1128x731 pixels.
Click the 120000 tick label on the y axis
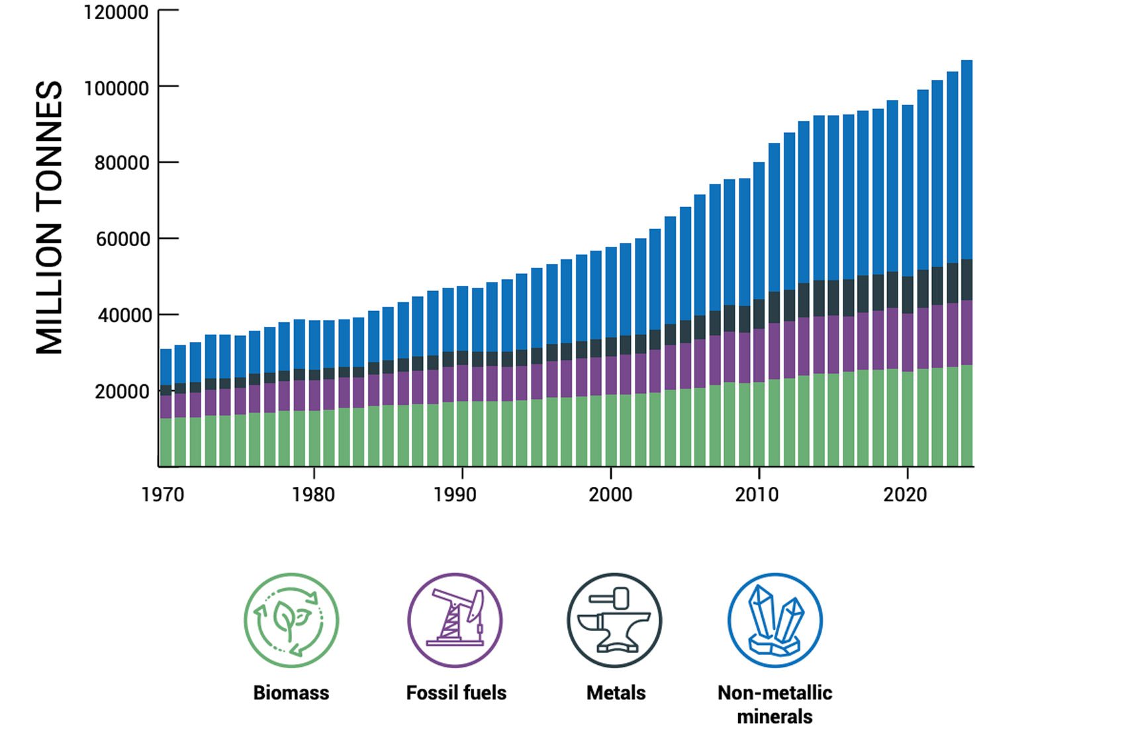(x=116, y=13)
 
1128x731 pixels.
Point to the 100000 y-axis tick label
(x=116, y=88)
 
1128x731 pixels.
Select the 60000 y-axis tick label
(x=122, y=239)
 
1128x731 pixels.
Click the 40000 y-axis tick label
(x=124, y=316)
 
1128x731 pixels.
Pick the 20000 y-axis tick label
(x=122, y=392)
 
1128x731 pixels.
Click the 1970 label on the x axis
(x=163, y=494)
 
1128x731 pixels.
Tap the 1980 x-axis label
(x=313, y=494)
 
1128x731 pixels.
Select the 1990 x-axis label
(x=455, y=494)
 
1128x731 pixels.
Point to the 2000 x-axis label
(x=610, y=494)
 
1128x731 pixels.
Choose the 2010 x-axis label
(x=757, y=494)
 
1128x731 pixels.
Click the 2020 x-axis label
(x=905, y=494)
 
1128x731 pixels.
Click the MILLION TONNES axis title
(x=50, y=218)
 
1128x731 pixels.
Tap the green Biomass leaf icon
(x=291, y=621)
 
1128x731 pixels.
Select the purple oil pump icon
(x=455, y=621)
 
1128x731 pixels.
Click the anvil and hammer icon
(x=614, y=621)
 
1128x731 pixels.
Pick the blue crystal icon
(x=775, y=621)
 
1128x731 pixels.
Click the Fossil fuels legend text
(x=456, y=693)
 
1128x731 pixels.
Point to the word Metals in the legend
(x=616, y=693)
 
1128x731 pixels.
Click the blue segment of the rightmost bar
(x=966, y=159)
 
